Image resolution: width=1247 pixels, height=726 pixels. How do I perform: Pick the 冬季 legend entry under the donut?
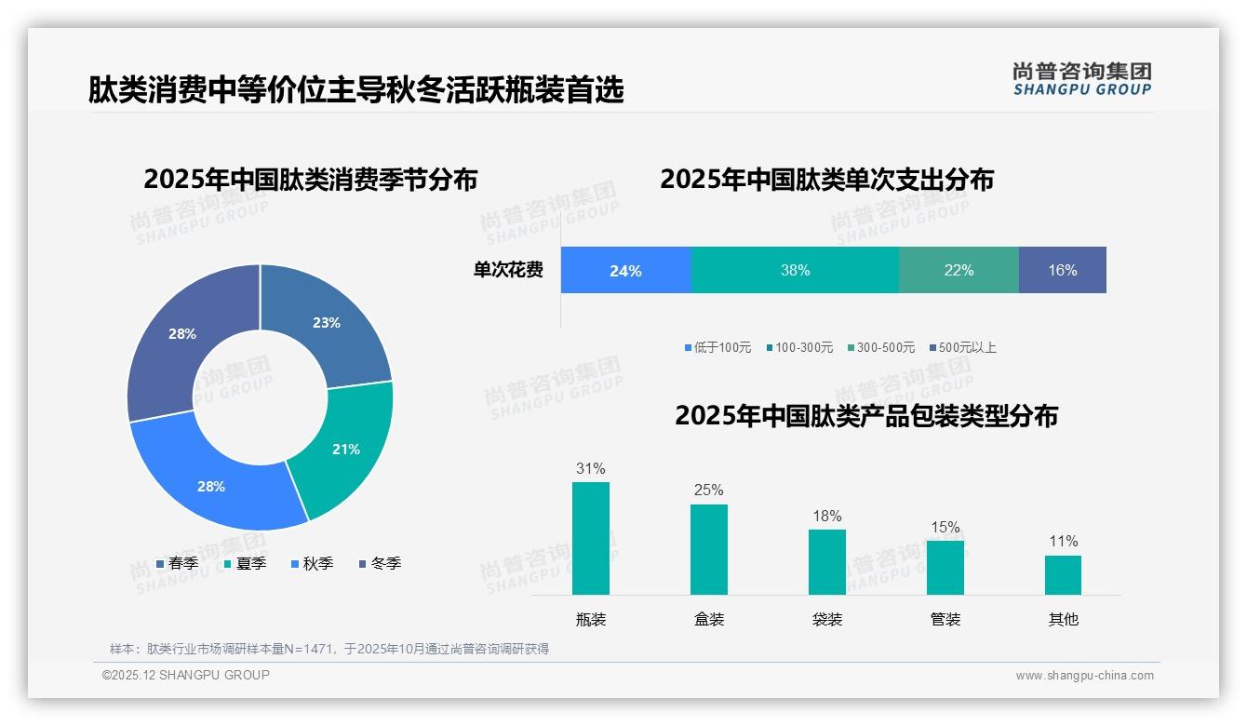pyautogui.click(x=379, y=564)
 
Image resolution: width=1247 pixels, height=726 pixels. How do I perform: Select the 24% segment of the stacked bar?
pyautogui.click(x=625, y=271)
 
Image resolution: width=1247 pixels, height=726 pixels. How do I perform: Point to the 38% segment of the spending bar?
pyautogui.click(x=795, y=271)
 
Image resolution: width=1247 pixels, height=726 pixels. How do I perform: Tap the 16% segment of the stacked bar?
pyautogui.click(x=1062, y=271)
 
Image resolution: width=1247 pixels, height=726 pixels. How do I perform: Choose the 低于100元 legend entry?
pyautogui.click(x=717, y=348)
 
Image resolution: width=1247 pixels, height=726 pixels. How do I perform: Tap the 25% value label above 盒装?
pyautogui.click(x=708, y=491)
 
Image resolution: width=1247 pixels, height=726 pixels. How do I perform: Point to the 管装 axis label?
pyautogui.click(x=945, y=620)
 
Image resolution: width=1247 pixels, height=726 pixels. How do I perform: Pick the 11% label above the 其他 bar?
pyautogui.click(x=1063, y=542)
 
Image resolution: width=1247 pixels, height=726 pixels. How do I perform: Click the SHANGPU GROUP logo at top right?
pyautogui.click(x=1081, y=79)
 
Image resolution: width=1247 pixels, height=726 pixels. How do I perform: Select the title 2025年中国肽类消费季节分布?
pyautogui.click(x=310, y=180)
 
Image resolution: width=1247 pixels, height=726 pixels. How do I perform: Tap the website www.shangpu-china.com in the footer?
pyautogui.click(x=1084, y=676)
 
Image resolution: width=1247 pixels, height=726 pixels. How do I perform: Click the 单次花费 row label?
pyautogui.click(x=508, y=271)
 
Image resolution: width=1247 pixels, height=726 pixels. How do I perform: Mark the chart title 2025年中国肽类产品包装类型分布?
pyautogui.click(x=865, y=416)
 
